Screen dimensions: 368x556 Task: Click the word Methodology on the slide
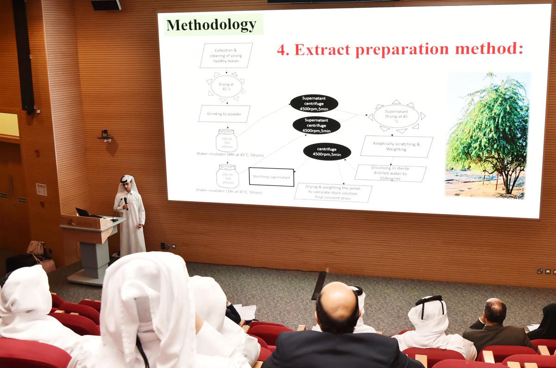[211, 25]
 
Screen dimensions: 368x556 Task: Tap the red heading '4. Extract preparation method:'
[400, 49]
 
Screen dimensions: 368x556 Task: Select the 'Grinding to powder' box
[224, 114]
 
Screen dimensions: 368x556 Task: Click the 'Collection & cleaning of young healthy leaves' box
[226, 55]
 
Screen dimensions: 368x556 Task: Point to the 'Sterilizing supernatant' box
[272, 177]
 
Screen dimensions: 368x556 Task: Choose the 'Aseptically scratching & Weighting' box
[396, 146]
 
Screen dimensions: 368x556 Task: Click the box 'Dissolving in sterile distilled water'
[391, 173]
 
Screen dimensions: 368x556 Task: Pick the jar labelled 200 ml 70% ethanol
[227, 140]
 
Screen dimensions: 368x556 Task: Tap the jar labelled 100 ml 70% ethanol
[227, 176]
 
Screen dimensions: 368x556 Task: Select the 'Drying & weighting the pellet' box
[333, 192]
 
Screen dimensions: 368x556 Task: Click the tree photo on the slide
[487, 135]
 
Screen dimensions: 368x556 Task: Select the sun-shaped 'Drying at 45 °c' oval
[226, 86]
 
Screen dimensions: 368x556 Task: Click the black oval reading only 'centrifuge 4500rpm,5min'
[327, 152]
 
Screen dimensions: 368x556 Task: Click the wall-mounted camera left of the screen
[105, 135]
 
